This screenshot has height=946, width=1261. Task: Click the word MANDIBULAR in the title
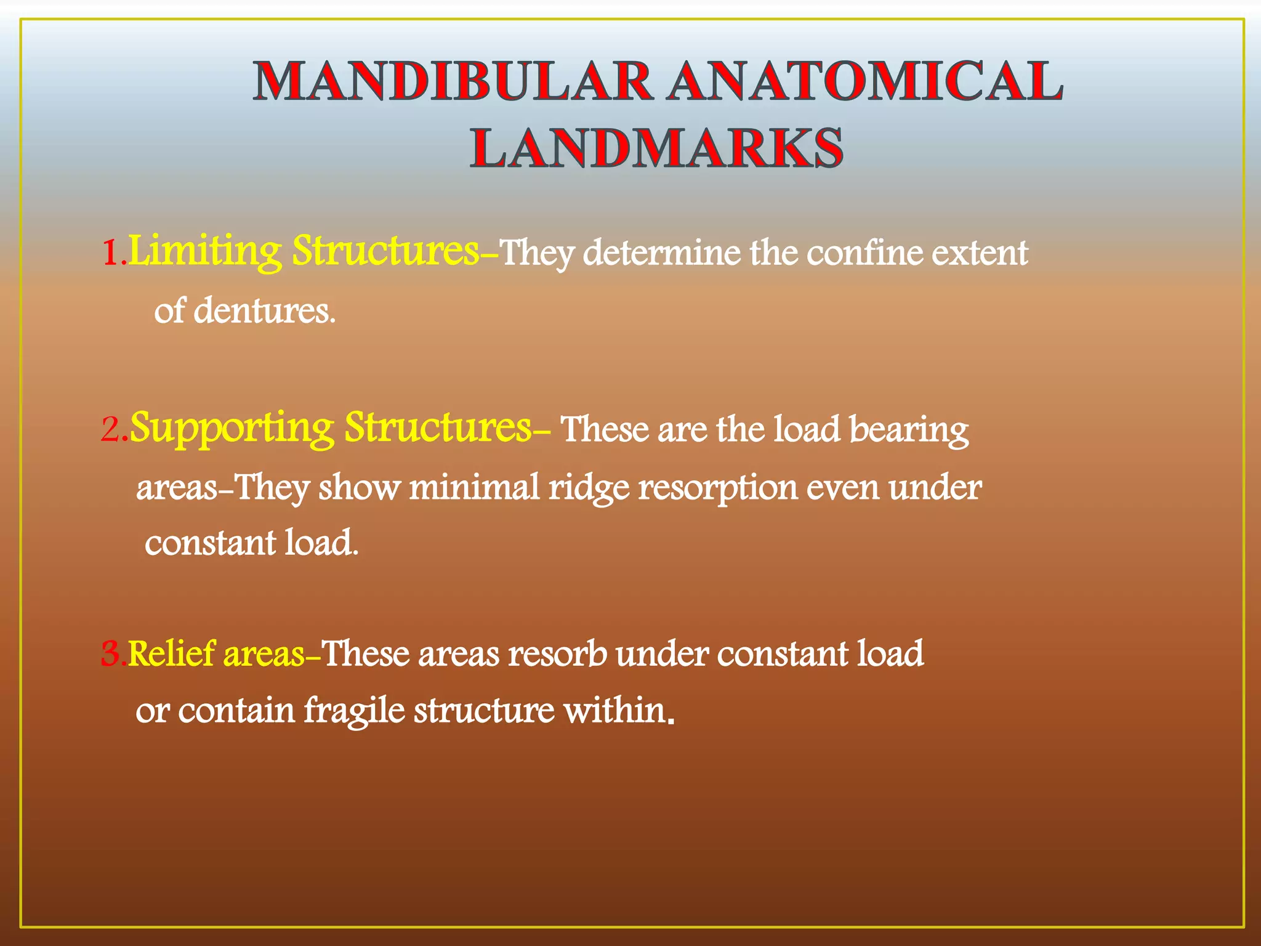coord(453,81)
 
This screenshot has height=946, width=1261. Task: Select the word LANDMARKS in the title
coord(657,148)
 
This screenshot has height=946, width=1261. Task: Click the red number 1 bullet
coord(111,253)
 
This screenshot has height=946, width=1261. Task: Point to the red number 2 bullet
coord(111,429)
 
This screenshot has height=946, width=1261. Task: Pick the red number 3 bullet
coord(111,653)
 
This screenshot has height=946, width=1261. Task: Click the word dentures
coord(264,310)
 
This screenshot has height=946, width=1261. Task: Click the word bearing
coord(909,429)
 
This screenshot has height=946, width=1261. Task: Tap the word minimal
coord(474,487)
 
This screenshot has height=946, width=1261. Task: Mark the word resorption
coord(718,488)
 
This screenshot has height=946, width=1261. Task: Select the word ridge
coord(589,488)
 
